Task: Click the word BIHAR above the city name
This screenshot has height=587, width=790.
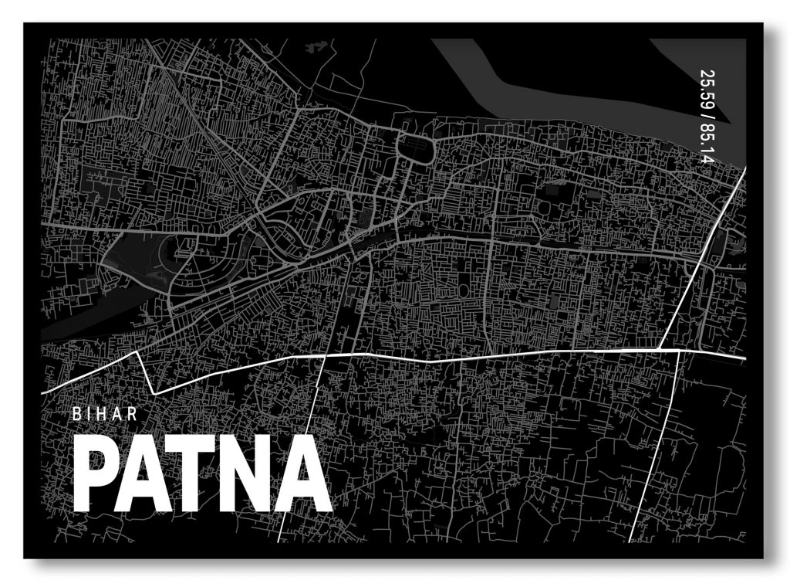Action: [106, 414]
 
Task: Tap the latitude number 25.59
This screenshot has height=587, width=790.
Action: [706, 88]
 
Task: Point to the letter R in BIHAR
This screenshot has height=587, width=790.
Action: [134, 414]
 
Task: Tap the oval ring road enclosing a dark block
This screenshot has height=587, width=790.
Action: [414, 147]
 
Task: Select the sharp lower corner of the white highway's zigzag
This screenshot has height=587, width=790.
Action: [154, 393]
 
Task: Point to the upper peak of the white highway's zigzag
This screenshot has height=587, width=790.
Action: [138, 352]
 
